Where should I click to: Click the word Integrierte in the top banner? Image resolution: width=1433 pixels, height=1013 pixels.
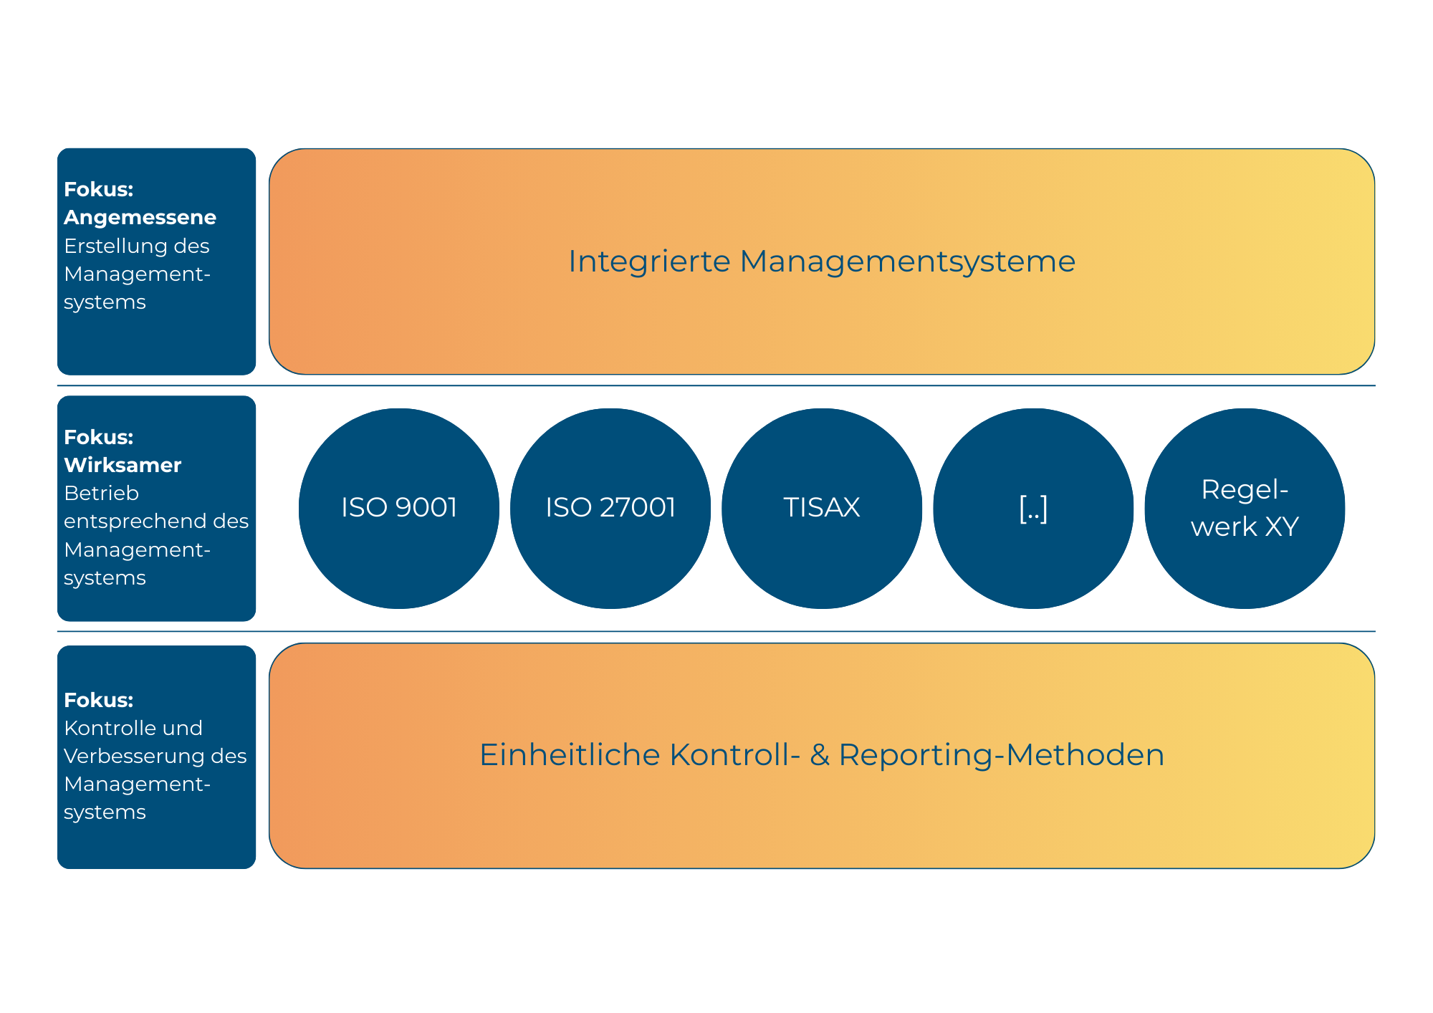(x=649, y=261)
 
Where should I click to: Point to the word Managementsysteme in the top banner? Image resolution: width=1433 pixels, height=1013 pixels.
(x=907, y=261)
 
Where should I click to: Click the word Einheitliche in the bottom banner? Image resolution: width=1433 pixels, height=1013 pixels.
(x=570, y=755)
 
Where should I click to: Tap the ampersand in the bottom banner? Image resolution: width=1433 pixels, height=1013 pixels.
(x=820, y=755)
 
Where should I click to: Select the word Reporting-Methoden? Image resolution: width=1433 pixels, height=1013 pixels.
(x=1001, y=755)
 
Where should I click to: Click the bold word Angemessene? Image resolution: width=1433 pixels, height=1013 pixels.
(x=140, y=217)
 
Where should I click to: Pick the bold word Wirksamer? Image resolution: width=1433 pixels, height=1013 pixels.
(x=123, y=465)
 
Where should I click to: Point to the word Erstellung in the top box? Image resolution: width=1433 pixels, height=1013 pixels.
(x=118, y=246)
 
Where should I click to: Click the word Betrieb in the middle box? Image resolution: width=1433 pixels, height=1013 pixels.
(x=101, y=493)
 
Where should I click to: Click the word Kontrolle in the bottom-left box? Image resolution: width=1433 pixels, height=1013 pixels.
(x=108, y=728)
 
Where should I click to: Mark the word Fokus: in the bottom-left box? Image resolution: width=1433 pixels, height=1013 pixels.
(x=98, y=700)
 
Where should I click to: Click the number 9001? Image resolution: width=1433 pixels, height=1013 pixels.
(x=426, y=507)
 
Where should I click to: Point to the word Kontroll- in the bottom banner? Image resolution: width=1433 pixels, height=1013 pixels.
(x=734, y=755)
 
